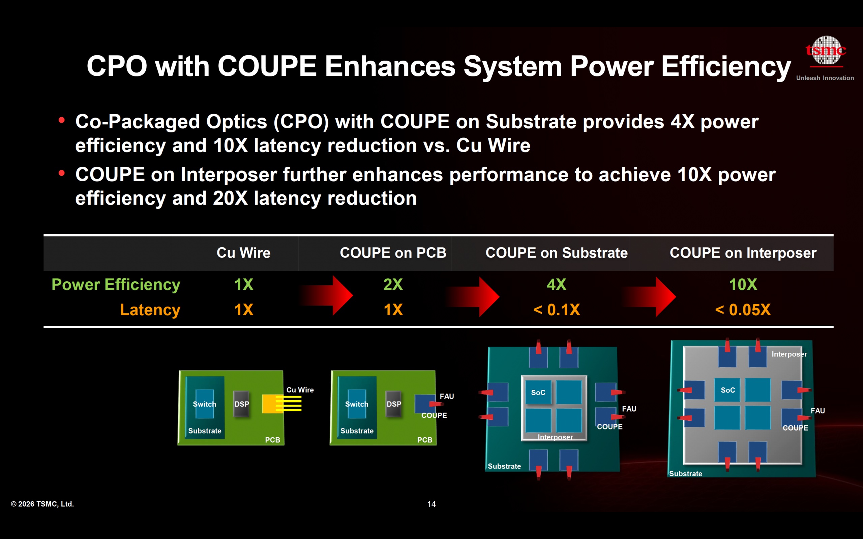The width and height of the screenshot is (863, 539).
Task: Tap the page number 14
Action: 431,504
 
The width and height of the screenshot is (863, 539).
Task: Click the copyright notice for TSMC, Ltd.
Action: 42,504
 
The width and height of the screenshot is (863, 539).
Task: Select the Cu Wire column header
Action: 244,253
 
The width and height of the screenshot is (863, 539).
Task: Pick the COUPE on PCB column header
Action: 393,253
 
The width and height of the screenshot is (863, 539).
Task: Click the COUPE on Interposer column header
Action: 743,253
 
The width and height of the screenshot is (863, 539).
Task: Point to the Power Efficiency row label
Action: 116,284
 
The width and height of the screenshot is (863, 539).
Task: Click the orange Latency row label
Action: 150,310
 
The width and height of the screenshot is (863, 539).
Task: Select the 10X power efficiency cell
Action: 743,284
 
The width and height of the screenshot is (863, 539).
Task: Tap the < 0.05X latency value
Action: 743,310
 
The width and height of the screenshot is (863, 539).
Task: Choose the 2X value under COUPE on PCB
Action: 393,284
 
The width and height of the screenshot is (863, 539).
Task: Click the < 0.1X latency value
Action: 556,310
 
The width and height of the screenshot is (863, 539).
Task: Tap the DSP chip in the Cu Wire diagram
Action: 241,404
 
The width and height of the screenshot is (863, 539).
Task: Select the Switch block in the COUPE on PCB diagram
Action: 357,404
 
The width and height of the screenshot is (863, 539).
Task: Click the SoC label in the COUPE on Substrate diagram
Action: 538,392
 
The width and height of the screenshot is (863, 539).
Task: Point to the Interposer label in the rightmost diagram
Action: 789,354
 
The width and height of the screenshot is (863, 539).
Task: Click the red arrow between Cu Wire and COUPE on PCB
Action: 326,295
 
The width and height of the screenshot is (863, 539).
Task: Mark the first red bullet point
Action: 62,121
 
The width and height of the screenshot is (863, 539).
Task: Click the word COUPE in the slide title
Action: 267,66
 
